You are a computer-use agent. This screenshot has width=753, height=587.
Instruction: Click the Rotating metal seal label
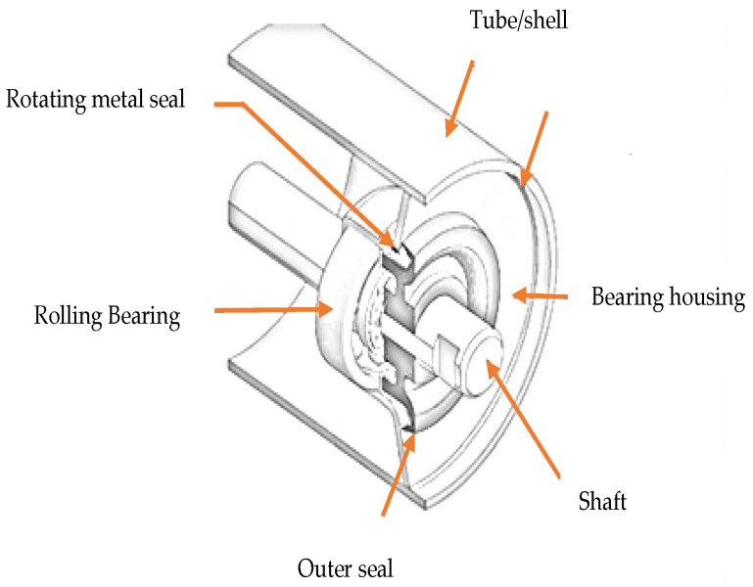point(96,100)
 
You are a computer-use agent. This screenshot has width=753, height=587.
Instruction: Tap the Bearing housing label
point(668,297)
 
